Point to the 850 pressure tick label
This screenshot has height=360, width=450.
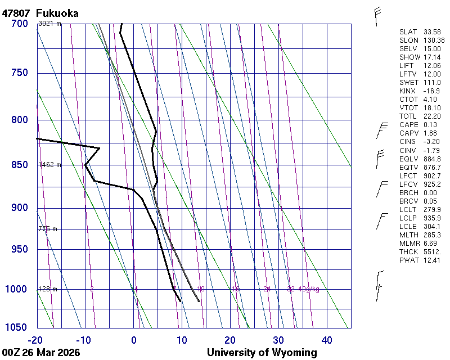click(x=20, y=165)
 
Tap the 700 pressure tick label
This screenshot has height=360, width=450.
click(x=20, y=24)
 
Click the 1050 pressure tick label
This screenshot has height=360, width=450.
click(x=17, y=327)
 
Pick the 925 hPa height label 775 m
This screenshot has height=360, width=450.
click(x=47, y=229)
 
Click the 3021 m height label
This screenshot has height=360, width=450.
click(x=49, y=24)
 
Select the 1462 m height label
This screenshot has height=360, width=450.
click(x=49, y=165)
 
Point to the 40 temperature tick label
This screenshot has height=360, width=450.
click(x=327, y=340)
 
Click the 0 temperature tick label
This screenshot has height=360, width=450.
click(x=134, y=340)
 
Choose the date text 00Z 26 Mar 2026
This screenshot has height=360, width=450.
click(x=41, y=353)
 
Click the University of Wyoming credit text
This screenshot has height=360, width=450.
click(x=262, y=353)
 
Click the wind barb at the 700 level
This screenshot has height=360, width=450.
click(x=376, y=16)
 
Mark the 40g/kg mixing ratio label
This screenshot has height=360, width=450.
click(x=309, y=289)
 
